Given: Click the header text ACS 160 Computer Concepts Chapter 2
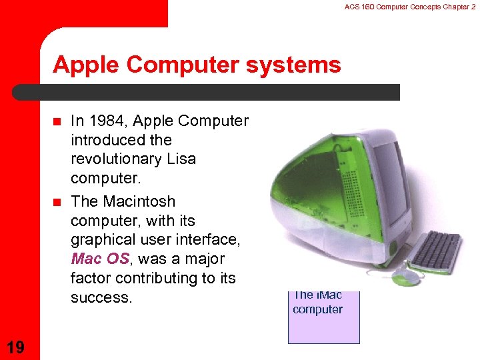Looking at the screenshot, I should (409, 7).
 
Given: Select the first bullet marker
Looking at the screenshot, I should (57, 122).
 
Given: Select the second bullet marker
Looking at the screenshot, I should (57, 202).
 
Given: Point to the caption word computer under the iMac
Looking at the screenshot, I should (317, 309).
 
